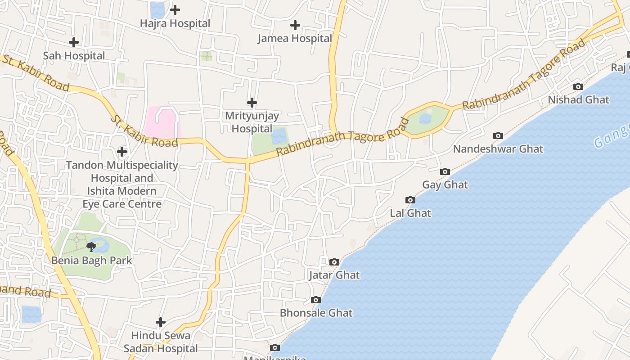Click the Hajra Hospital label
pyautogui.click(x=175, y=23)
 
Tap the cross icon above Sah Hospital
pyautogui.click(x=73, y=42)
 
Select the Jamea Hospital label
pyautogui.click(x=295, y=39)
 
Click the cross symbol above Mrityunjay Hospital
pyautogui.click(x=252, y=103)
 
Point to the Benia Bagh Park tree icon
pyautogui.click(x=91, y=247)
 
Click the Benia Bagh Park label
pyautogui.click(x=92, y=260)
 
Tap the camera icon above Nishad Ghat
pyautogui.click(x=578, y=86)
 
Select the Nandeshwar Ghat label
pyautogui.click(x=498, y=149)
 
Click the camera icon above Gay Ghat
pyautogui.click(x=445, y=171)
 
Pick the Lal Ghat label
pyautogui.click(x=410, y=213)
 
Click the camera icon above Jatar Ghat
pyautogui.click(x=334, y=262)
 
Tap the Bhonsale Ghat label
pyautogui.click(x=316, y=313)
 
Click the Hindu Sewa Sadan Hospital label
pyautogui.click(x=161, y=342)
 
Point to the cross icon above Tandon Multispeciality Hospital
pyautogui.click(x=122, y=151)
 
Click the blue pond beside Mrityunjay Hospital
pyautogui.click(x=279, y=135)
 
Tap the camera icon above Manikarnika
pyautogui.click(x=274, y=347)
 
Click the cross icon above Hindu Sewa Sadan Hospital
pyautogui.click(x=161, y=322)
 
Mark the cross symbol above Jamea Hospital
pyautogui.click(x=295, y=25)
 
